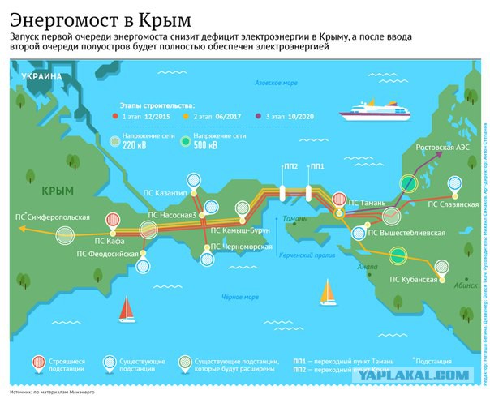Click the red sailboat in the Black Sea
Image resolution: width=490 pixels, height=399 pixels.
[x=127, y=308]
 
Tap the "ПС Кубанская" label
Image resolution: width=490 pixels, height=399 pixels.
[x=414, y=280]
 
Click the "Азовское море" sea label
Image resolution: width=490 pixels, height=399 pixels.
[x=277, y=84]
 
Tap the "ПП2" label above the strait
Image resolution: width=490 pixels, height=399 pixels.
[x=288, y=166]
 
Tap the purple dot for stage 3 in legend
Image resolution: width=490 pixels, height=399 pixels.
[x=259, y=117]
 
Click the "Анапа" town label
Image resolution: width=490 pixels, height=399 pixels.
[x=367, y=265]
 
